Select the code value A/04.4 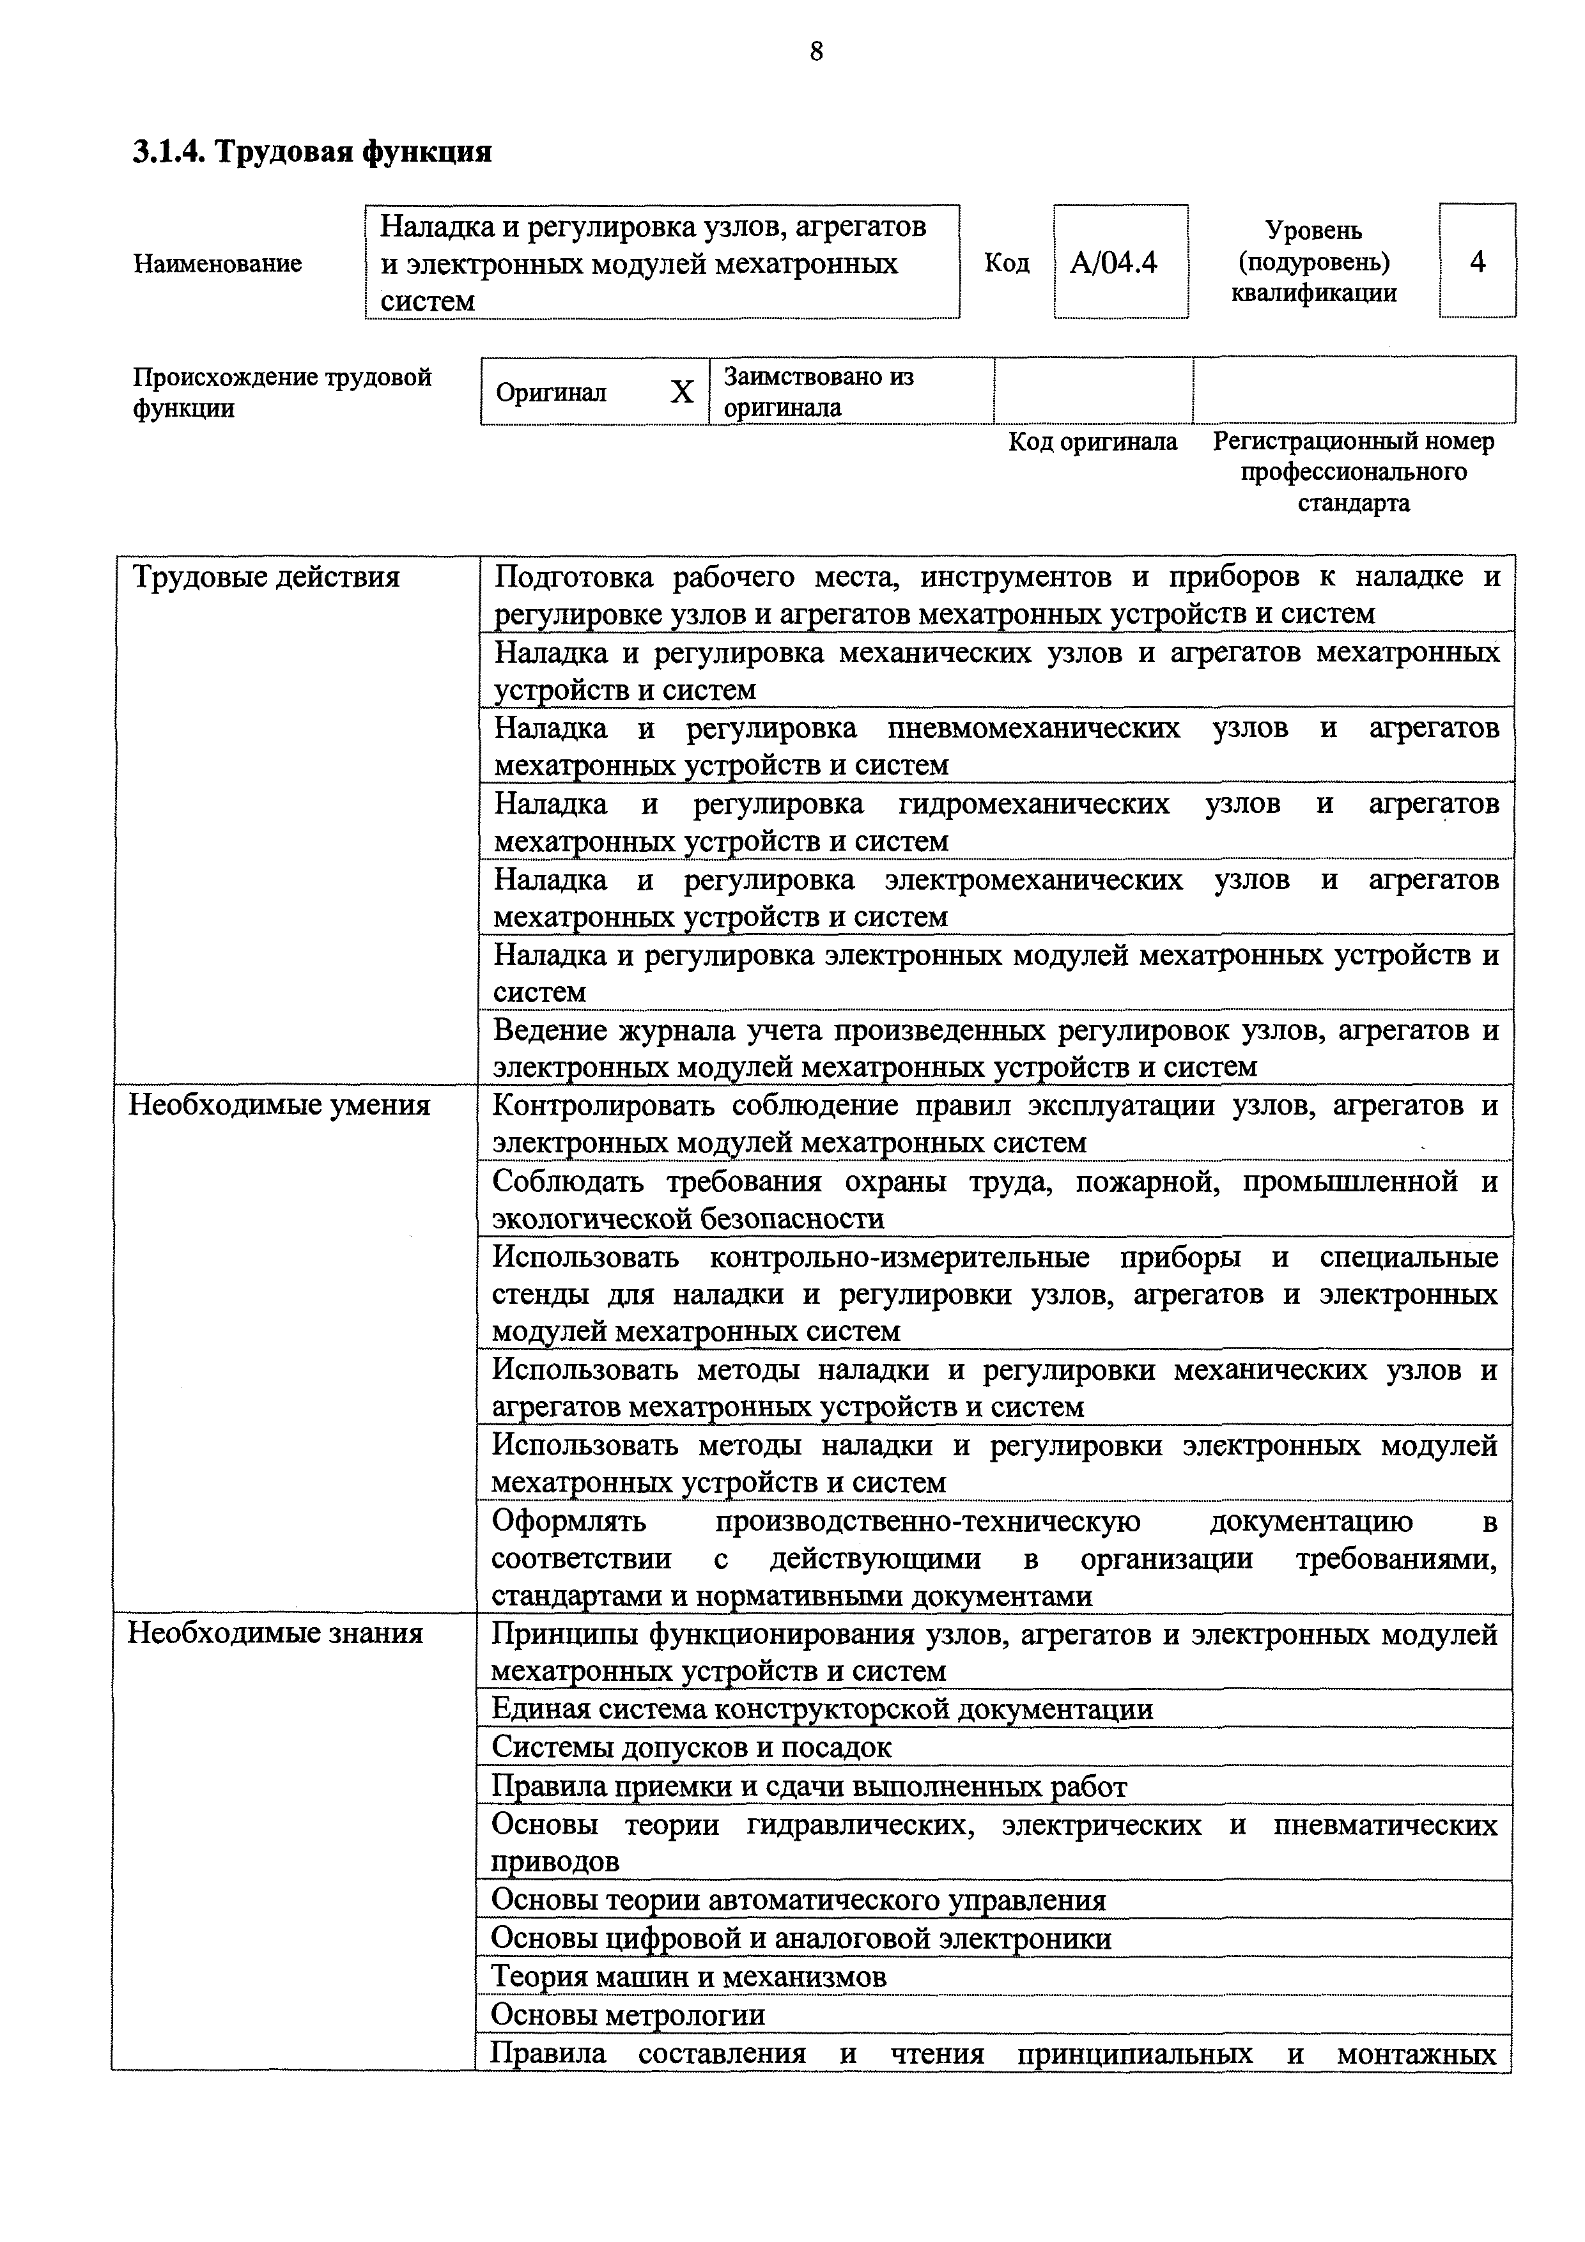[1113, 261]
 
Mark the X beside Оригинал [682, 392]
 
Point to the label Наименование [217, 264]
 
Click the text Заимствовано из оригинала [818, 392]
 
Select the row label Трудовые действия [266, 577]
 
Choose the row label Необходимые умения [279, 1106]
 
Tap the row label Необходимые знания [275, 1634]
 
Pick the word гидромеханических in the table [1033, 803]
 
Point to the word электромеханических [1033, 880]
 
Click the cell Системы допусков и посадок [692, 1747]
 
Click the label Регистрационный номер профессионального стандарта [1352, 472]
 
